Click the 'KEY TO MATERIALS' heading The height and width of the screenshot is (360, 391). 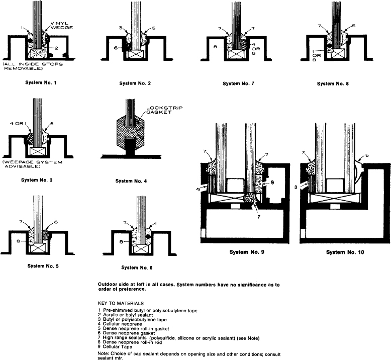click(x=120, y=304)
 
